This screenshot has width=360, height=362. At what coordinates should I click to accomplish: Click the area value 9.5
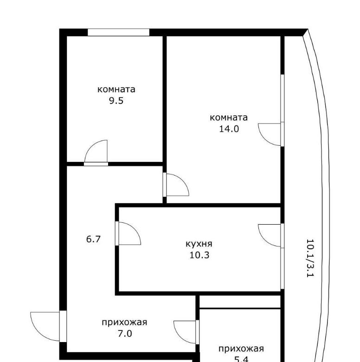point(116,101)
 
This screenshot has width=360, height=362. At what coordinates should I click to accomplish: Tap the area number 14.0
point(229,129)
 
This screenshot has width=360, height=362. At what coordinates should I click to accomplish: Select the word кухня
point(199,244)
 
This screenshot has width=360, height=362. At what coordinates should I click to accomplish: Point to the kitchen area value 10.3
point(199,255)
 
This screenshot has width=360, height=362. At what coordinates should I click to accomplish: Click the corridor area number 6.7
point(93,239)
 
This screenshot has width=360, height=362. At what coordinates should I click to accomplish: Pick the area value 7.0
point(125,334)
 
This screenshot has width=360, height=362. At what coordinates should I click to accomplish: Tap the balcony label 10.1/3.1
point(310,258)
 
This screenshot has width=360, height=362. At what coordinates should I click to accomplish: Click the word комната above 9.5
point(116,90)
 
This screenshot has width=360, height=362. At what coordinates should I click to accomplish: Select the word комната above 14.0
point(229,117)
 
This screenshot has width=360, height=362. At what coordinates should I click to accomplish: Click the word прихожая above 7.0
point(124,322)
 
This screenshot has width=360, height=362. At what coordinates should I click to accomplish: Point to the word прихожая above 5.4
point(241,349)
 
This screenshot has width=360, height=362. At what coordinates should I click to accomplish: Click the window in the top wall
point(118,32)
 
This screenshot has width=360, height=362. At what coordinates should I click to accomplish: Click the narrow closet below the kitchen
point(240,302)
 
